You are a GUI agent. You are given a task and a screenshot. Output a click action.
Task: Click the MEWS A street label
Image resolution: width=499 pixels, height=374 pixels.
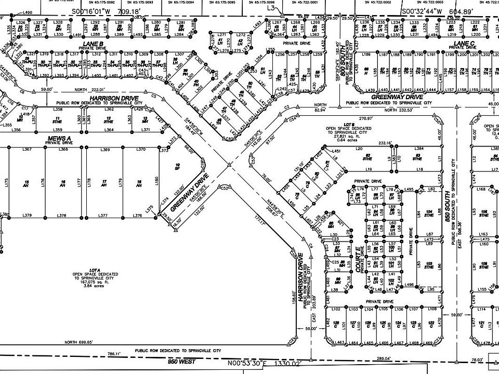[59, 138]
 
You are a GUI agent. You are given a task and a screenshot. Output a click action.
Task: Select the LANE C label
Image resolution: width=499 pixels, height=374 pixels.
[464, 43]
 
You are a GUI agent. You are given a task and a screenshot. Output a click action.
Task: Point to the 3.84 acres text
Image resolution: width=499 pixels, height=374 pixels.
[94, 286]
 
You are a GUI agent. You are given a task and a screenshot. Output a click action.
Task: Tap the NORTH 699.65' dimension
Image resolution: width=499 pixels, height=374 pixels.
[78, 342]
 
